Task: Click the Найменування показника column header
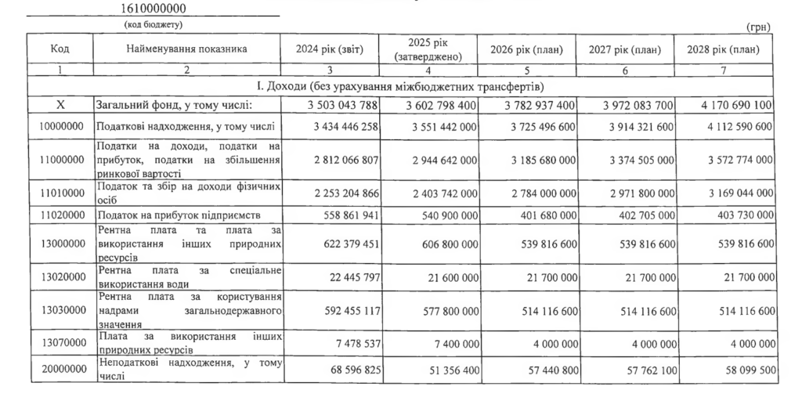coord(186,49)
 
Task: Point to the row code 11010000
coord(60,190)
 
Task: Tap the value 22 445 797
coord(350,277)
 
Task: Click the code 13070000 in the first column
coord(60,341)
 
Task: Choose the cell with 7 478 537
coord(353,341)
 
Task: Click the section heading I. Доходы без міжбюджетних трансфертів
coord(400,85)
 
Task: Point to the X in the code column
coord(60,105)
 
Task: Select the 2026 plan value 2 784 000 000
coord(537,190)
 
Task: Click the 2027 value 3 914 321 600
coord(635,125)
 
